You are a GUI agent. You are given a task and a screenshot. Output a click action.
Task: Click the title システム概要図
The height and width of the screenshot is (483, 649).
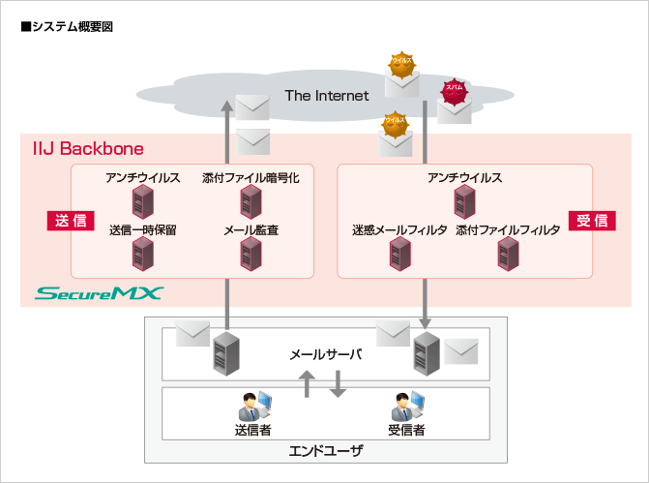(x=67, y=26)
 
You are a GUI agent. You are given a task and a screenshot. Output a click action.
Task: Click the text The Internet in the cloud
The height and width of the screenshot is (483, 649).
(x=327, y=95)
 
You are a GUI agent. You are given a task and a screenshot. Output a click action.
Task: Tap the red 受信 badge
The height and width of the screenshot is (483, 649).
(x=591, y=220)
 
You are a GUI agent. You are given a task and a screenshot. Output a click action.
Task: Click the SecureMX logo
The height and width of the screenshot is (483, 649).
(x=100, y=292)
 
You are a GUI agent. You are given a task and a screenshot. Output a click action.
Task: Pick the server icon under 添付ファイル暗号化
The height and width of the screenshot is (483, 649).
(x=251, y=202)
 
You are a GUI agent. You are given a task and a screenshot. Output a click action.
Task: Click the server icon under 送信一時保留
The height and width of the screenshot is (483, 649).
(x=143, y=254)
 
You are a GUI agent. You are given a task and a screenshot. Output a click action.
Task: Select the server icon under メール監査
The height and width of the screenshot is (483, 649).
(x=251, y=254)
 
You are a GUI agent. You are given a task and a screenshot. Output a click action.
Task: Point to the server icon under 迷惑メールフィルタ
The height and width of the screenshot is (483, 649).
(x=399, y=254)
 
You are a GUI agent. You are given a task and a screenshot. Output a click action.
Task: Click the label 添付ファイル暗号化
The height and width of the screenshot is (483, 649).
(x=251, y=178)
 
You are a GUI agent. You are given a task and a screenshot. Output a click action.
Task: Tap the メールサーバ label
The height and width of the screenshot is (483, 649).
(x=326, y=354)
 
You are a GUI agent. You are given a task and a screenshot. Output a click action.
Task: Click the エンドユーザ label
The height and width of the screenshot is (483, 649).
(x=326, y=450)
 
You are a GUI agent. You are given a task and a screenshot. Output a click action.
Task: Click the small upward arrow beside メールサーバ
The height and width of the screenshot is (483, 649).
(x=307, y=384)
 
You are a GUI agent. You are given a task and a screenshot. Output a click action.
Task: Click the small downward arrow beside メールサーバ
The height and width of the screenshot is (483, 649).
(x=338, y=384)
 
